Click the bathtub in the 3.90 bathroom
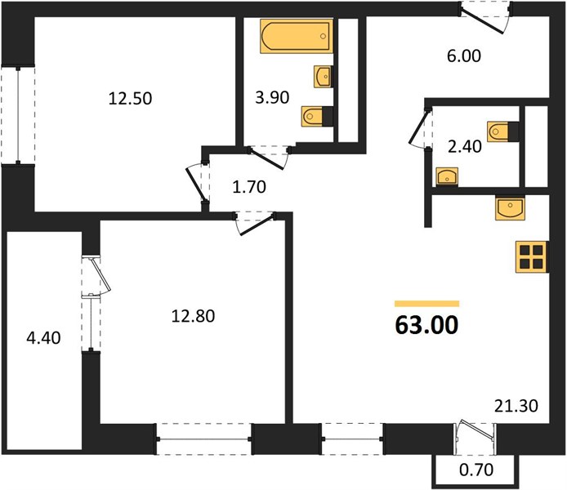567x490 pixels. [296, 36]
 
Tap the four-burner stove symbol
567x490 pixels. [532, 257]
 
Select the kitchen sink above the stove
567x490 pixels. [510, 208]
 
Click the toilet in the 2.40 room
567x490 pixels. [502, 131]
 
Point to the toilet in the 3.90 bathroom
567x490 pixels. [317, 116]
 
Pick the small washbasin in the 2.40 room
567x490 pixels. [447, 176]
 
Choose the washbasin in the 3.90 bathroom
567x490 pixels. [323, 76]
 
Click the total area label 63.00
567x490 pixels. [426, 325]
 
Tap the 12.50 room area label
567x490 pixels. [130, 98]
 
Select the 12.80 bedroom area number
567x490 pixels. [193, 316]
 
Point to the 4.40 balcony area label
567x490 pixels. [44, 338]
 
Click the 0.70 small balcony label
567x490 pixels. [476, 470]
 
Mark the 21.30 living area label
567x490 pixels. [516, 406]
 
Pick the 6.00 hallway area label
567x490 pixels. [464, 56]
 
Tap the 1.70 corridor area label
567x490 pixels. [249, 187]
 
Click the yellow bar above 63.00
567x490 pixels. [427, 304]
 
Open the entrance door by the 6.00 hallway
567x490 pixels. [485, 18]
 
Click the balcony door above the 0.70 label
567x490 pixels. [476, 439]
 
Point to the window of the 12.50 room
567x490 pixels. [18, 114]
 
